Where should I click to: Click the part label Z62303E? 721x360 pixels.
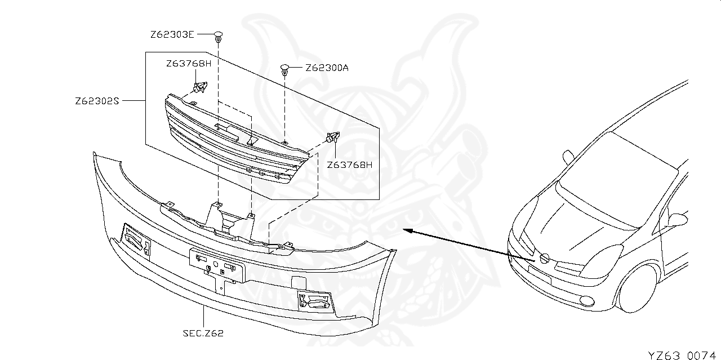click(x=172, y=35)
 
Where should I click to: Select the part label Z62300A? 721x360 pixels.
click(x=327, y=68)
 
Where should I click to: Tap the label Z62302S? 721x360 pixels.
click(x=97, y=102)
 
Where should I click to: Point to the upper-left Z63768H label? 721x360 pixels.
click(x=188, y=64)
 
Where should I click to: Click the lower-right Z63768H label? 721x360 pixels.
click(x=350, y=165)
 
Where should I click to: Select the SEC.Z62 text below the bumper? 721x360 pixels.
click(x=203, y=333)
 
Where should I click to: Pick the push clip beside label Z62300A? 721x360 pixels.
click(x=285, y=69)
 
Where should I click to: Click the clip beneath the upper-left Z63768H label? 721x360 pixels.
click(x=199, y=88)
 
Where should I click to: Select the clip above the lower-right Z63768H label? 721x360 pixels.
click(x=332, y=137)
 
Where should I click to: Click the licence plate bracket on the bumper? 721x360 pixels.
click(x=217, y=265)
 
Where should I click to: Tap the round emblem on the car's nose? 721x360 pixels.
click(x=545, y=259)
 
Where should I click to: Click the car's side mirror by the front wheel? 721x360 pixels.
click(x=677, y=219)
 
